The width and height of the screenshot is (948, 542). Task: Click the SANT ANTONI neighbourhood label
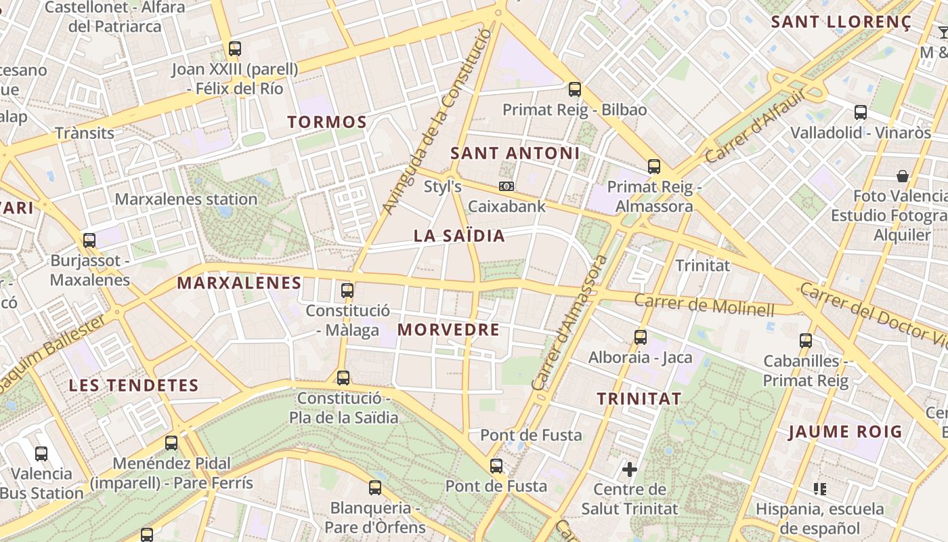[515, 153]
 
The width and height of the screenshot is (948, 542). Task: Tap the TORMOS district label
[327, 123]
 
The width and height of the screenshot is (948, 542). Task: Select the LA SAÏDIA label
[459, 236]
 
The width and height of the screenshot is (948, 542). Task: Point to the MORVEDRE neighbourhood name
[448, 330]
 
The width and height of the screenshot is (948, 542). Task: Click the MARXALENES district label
[239, 283]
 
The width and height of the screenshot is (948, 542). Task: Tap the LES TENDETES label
[134, 385]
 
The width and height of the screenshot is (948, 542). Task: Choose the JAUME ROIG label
[846, 432]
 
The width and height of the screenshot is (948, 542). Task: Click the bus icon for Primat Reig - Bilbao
[575, 89]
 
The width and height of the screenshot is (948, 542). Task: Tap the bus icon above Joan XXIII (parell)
[235, 49]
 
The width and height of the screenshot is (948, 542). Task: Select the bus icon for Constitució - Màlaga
[347, 291]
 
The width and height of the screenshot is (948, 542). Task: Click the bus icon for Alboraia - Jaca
[641, 337]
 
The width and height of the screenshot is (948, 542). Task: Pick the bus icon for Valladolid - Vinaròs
[861, 112]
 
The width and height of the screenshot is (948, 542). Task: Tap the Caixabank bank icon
[507, 186]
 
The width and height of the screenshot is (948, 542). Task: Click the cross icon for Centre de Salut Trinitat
[630, 469]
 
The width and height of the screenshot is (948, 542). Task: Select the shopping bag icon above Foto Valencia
[903, 176]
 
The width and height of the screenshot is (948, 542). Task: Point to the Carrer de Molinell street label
[704, 306]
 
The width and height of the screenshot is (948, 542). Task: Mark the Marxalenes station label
[186, 199]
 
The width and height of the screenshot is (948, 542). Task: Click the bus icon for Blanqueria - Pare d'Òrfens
[375, 488]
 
